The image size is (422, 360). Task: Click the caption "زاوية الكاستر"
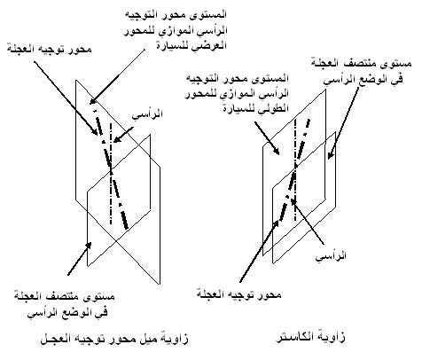point(310,337)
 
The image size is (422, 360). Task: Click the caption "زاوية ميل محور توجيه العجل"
point(114,339)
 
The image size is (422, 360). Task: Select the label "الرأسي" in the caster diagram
point(331,255)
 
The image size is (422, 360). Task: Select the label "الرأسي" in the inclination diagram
point(147,113)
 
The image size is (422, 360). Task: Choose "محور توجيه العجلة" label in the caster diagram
point(238,294)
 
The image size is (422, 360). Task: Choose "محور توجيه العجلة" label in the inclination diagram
point(50,49)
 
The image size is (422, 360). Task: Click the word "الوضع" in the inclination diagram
point(67,312)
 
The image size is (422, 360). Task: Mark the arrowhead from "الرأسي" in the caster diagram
point(293,200)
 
